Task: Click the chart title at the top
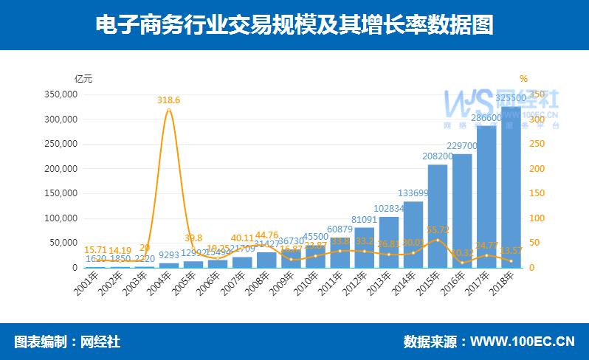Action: [294, 25]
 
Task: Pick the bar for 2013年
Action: [389, 242]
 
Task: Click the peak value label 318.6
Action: [169, 100]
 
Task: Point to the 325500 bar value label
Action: [511, 98]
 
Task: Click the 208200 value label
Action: [438, 156]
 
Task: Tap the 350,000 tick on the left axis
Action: [61, 94]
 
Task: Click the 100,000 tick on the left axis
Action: [61, 218]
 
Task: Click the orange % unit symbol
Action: [523, 78]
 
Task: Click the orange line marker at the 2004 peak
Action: [169, 110]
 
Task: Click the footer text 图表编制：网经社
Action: [67, 342]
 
